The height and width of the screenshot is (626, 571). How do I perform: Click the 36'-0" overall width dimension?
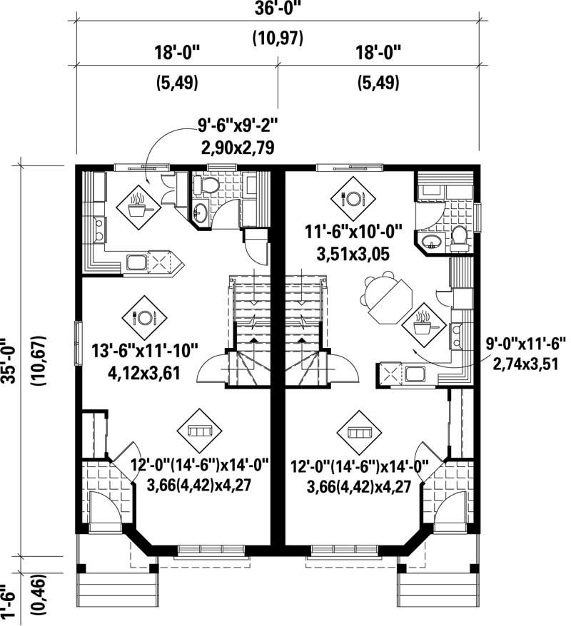click(278, 11)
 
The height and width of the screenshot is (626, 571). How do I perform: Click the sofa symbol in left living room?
click(199, 431)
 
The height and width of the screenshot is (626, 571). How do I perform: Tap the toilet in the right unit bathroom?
click(460, 237)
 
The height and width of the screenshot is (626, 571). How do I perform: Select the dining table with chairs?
click(385, 297)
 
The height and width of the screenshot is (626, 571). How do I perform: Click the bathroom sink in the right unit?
click(430, 242)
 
